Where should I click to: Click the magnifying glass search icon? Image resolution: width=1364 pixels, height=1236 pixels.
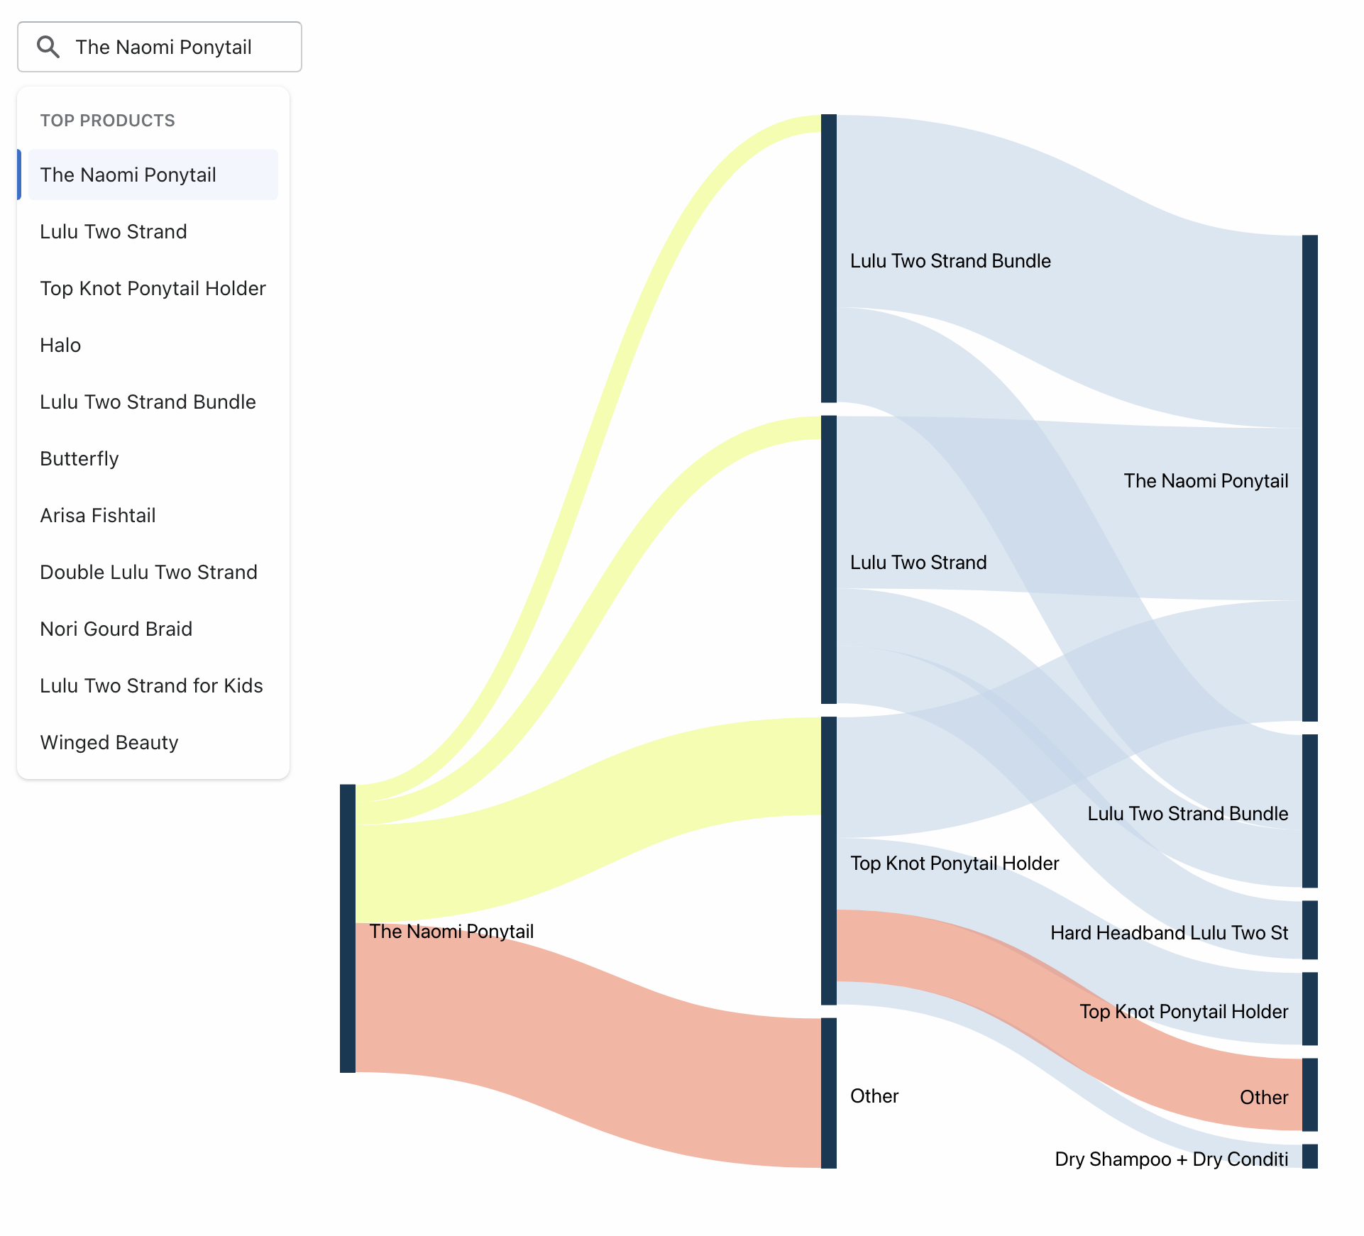48,47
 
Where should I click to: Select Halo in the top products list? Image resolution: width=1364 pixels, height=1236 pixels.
61,346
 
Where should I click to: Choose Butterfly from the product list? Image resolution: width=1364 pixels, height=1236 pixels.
79,459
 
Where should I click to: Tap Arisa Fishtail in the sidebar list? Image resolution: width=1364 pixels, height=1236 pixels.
98,516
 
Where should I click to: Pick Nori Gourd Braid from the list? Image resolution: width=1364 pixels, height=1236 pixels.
116,629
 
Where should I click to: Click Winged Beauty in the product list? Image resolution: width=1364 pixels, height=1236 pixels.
109,743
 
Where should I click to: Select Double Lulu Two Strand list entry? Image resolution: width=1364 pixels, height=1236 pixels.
148,573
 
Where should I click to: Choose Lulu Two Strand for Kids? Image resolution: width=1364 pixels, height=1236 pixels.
151,686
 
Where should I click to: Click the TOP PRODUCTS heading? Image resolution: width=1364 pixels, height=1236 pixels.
107,121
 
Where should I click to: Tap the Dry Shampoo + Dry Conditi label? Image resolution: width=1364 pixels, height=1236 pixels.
1171,1159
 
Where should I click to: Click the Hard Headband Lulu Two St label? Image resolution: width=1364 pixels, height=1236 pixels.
1169,933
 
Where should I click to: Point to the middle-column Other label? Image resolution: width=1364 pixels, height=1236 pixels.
874,1096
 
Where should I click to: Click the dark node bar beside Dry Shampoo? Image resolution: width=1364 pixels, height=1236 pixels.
1310,1156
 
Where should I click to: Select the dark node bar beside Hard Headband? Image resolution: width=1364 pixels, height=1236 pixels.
1310,929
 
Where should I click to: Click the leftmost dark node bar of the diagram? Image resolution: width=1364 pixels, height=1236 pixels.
348,928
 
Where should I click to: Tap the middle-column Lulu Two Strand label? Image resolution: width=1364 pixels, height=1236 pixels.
918,563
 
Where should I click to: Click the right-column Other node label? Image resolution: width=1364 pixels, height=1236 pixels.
1264,1098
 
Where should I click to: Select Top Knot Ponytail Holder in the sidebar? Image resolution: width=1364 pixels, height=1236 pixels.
153,289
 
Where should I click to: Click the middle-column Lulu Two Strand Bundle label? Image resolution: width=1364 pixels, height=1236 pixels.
950,261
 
